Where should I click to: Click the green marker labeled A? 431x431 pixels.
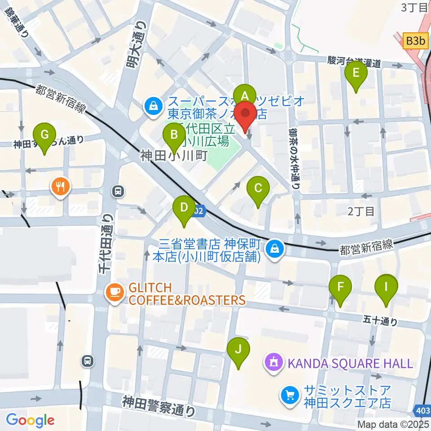coord(245,95)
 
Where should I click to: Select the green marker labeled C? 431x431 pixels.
coord(258,188)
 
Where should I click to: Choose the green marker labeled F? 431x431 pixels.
coord(340,287)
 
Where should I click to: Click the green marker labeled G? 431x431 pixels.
coord(44,135)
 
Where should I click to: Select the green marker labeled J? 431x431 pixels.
coord(238,350)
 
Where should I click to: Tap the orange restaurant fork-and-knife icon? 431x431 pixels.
coord(61,186)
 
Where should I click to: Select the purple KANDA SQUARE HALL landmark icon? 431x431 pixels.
coord(274,361)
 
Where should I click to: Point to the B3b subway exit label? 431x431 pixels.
coord(415,41)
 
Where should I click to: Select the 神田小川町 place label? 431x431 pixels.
coord(173,156)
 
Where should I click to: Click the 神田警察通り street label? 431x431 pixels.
coord(159,405)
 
